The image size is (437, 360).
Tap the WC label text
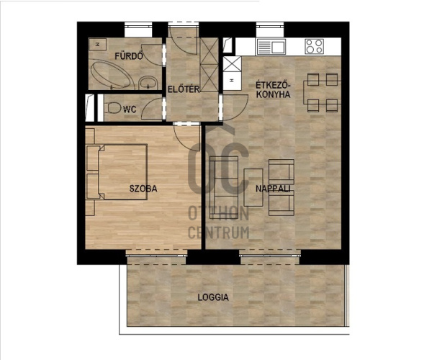[x=130, y=109]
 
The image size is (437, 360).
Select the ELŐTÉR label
[x=184, y=89]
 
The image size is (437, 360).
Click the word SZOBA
[x=143, y=189]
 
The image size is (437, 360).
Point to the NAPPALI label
[x=273, y=189]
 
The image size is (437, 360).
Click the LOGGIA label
[x=213, y=297]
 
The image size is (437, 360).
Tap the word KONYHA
[x=273, y=94]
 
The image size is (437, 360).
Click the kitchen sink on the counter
[x=271, y=47]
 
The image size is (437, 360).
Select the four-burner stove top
[x=315, y=46]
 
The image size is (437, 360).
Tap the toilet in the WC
[x=112, y=108]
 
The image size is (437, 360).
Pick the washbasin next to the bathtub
[x=148, y=83]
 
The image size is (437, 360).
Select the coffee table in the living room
[x=253, y=187]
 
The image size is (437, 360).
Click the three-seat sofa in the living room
[x=224, y=187]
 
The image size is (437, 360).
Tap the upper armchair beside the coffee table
[x=281, y=171]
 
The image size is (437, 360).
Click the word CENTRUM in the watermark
[x=219, y=233]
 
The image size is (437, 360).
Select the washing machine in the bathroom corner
[x=97, y=44]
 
